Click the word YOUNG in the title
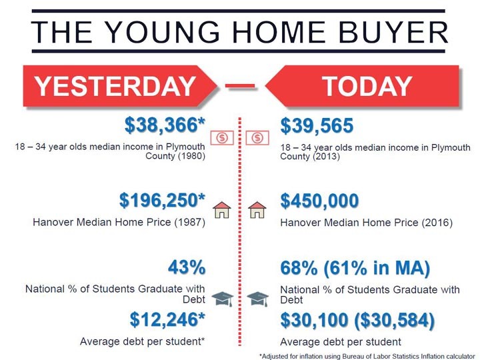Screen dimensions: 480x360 [163, 32]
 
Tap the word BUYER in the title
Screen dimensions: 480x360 [393, 32]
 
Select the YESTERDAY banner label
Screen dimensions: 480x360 [115, 86]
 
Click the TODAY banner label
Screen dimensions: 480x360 [367, 86]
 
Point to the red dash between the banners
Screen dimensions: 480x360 [240, 86]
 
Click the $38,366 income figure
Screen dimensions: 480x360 [165, 125]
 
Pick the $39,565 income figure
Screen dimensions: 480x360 [317, 125]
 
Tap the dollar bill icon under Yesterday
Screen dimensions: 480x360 [222, 138]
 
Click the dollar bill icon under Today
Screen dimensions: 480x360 [257, 138]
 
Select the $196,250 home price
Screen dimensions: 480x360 [162, 200]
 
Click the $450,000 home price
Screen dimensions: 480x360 [319, 201]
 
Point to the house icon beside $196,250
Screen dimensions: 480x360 [222, 210]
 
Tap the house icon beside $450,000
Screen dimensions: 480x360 [257, 210]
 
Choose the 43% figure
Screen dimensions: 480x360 [187, 267]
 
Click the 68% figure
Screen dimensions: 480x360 [299, 268]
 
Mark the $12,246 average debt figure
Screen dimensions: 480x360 [167, 319]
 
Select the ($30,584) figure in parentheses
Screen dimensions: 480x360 [394, 320]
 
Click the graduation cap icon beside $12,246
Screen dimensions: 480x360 [223, 299]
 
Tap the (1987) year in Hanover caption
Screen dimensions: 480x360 [190, 222]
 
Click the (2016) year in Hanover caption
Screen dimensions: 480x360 [437, 223]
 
